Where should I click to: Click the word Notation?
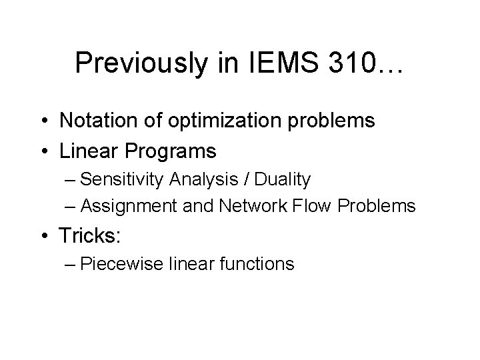pyautogui.click(x=99, y=121)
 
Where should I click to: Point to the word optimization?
pyautogui.click(x=223, y=121)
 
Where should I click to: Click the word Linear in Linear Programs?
pyautogui.click(x=87, y=151)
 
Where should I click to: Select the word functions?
pyautogui.click(x=255, y=264)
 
